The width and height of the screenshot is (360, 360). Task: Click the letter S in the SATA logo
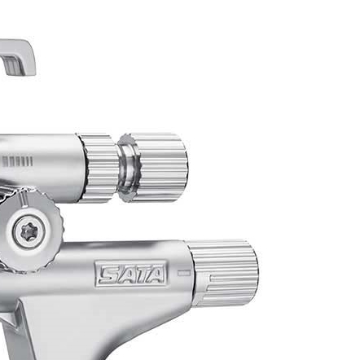click(108, 274)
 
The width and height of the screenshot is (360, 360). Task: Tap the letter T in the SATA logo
click(138, 274)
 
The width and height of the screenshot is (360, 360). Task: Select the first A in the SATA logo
click(123, 274)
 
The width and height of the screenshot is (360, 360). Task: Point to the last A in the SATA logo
click(156, 274)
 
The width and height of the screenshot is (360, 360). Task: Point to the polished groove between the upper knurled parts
click(127, 168)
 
